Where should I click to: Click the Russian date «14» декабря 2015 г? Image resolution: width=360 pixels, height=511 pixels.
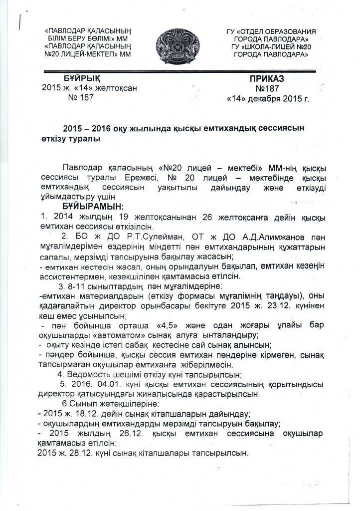(x=267, y=99)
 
